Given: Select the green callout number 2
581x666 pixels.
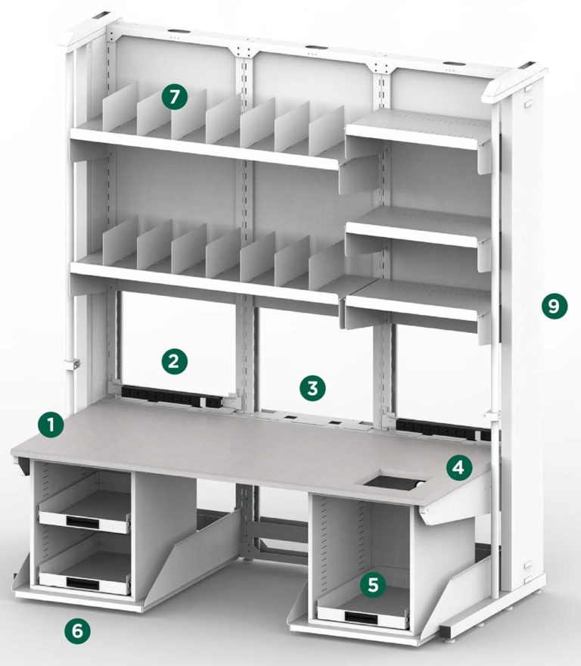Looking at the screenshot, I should (174, 360).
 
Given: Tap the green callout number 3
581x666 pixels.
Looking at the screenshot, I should (312, 389).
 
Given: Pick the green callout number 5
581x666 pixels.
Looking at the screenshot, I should (371, 584).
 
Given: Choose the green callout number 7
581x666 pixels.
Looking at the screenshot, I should (174, 97).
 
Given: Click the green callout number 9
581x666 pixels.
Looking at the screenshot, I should (554, 306).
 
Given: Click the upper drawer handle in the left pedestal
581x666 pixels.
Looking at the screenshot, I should (81, 520).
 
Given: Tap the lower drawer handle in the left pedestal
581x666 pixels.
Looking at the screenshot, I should (81, 581).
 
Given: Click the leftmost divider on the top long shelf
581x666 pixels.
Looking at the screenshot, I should (120, 110).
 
